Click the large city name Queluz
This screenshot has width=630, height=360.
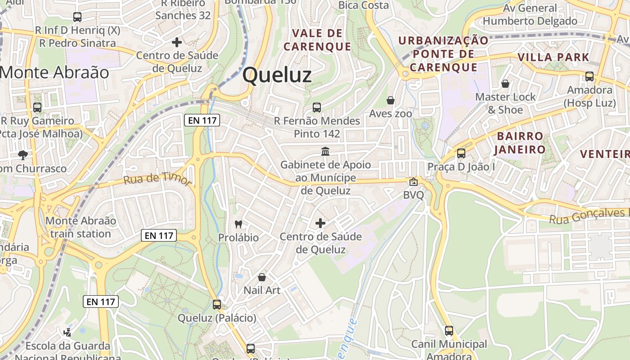[x=277, y=75]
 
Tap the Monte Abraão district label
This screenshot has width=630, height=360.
[x=54, y=72]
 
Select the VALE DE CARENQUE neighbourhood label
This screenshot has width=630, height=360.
[x=317, y=40]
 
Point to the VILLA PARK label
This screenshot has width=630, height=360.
[x=553, y=57]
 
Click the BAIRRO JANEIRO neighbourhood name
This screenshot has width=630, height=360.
[x=521, y=143]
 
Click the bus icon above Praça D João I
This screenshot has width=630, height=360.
[x=461, y=153]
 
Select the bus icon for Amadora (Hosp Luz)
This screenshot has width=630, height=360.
[x=589, y=76]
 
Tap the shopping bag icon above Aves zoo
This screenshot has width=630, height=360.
[x=390, y=100]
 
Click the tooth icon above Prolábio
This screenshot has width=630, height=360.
[x=238, y=224]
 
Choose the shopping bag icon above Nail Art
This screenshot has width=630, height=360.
[x=261, y=277]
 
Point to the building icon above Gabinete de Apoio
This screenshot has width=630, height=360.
[x=325, y=151]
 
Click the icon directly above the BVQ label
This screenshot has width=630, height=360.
[x=413, y=182]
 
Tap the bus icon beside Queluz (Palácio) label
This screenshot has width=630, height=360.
[x=217, y=305]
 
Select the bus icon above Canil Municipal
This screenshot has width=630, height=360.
[x=449, y=331]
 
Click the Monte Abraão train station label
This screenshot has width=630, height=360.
[x=81, y=227]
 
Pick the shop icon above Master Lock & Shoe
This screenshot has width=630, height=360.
[x=505, y=84]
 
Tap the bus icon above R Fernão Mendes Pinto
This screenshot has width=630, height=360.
[x=317, y=108]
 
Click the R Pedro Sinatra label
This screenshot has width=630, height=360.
[x=77, y=43]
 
